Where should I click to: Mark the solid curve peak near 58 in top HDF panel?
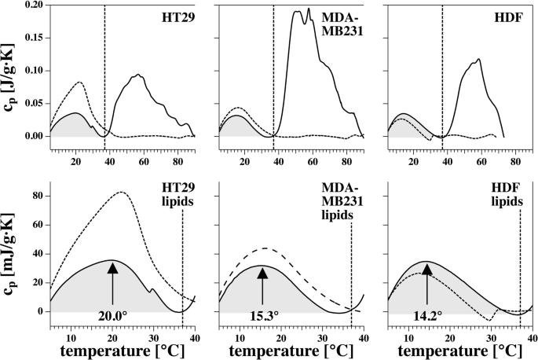pyautogui.click(x=478, y=59)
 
